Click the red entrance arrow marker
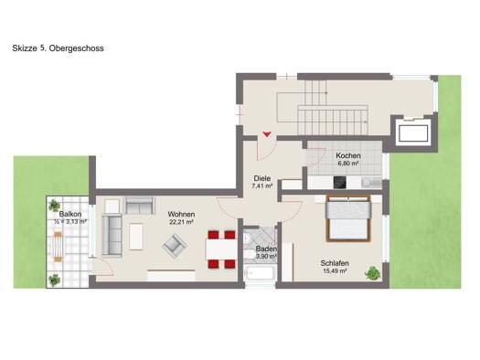[x=267, y=134]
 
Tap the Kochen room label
[x=348, y=155]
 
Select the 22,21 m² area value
[x=181, y=222]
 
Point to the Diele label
[x=262, y=178]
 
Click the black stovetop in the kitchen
[x=340, y=183]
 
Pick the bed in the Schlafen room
[x=348, y=218]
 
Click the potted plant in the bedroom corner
[x=372, y=273]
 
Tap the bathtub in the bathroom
[x=259, y=273]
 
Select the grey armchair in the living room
[x=175, y=245]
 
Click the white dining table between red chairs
[x=221, y=249]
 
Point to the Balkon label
[x=70, y=214]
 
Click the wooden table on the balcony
[x=58, y=247]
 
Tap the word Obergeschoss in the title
[x=76, y=48]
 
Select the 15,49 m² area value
[x=335, y=270]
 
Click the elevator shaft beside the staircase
[x=413, y=133]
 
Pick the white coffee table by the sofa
[x=136, y=237]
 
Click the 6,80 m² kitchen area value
[x=348, y=164]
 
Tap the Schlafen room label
[x=335, y=263]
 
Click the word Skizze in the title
[x=25, y=48]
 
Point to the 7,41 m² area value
[x=262, y=185]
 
